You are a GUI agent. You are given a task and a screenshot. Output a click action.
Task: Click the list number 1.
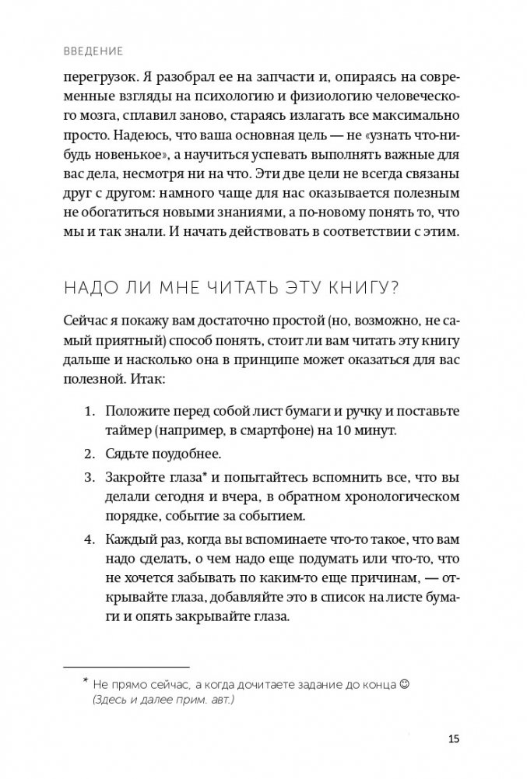click(88, 411)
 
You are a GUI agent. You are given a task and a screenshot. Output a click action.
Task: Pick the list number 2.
click(88, 453)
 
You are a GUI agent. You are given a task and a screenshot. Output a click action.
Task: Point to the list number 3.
click(88, 477)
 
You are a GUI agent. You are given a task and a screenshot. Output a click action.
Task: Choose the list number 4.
click(88, 539)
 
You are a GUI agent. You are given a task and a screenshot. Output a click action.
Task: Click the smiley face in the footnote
click(404, 685)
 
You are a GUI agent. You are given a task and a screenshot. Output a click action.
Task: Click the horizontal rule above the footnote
click(126, 667)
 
